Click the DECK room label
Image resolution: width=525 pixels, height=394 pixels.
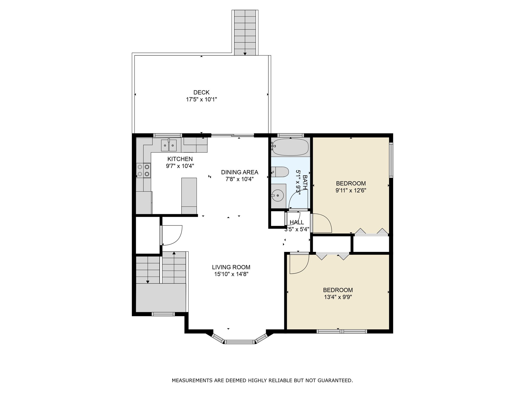[x=201, y=92]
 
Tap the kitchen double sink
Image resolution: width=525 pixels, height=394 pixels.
[x=169, y=146]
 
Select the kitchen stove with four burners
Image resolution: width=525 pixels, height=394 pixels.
[x=144, y=170]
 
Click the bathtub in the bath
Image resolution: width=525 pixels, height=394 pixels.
[x=290, y=147]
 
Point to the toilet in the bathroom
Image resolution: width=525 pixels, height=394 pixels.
[x=280, y=172]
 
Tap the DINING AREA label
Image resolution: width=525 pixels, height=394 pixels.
[x=240, y=172]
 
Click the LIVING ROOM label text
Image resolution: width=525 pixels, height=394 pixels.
[x=231, y=267]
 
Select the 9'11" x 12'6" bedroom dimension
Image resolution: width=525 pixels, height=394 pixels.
[x=351, y=191]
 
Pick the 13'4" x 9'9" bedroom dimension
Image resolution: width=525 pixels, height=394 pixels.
[x=338, y=297]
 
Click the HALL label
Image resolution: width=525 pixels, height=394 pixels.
[x=297, y=222]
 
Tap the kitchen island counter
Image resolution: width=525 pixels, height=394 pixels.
[x=189, y=196]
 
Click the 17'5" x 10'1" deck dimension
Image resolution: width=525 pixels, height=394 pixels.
[x=201, y=100]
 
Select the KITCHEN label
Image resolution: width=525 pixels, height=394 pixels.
[x=180, y=159]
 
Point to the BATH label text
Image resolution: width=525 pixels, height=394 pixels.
[x=305, y=182]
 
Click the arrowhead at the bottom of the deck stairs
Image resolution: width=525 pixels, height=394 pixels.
[x=245, y=54]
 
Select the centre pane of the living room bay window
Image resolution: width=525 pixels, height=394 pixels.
[x=240, y=342]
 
